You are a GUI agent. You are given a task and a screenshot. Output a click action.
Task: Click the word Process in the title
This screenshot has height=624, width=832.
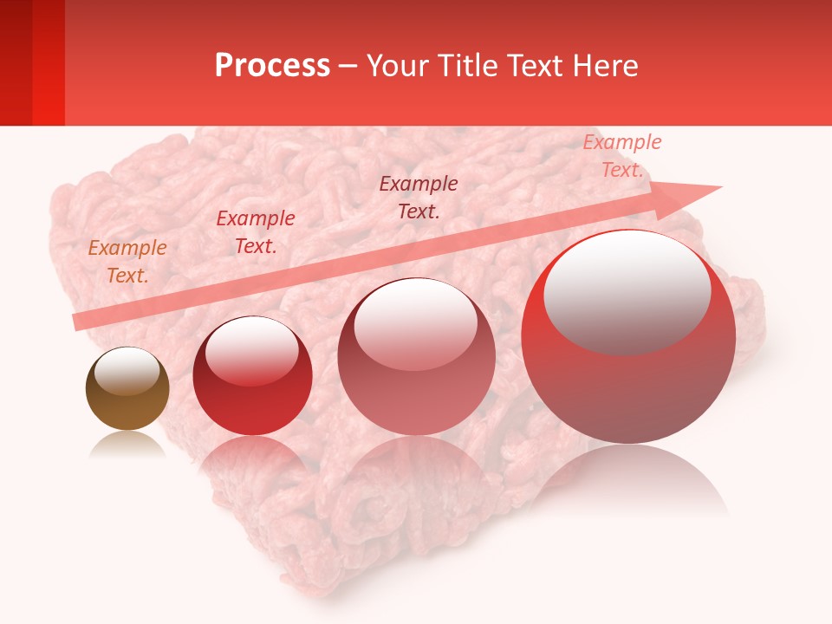click(272, 66)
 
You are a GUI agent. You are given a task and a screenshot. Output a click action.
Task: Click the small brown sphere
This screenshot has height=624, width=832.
click(127, 389)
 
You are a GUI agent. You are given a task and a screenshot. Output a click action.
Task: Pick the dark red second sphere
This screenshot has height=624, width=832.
click(252, 376)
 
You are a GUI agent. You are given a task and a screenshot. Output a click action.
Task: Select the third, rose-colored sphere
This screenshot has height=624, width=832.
click(416, 357)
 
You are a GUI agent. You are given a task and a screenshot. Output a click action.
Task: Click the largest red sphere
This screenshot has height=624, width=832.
click(628, 338)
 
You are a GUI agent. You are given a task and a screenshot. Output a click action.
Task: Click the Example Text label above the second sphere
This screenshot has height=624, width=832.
click(255, 232)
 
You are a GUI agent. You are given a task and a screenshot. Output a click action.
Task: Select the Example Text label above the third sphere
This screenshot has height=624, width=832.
click(419, 197)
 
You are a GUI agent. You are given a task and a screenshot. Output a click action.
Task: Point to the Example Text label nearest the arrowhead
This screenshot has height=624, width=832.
click(621, 156)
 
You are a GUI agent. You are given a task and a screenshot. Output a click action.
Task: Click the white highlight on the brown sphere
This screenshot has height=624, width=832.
click(127, 371)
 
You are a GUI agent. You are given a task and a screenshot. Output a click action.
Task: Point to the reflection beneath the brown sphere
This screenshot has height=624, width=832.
click(127, 444)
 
